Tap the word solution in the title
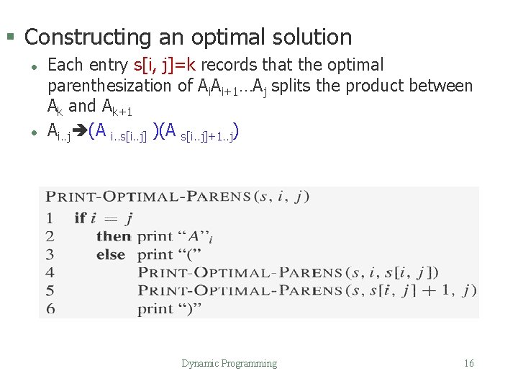311,37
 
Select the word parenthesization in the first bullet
112,86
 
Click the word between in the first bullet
440,86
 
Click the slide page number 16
469,364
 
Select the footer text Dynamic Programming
229,364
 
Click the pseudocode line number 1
50,218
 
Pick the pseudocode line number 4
50,272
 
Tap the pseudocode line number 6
50,309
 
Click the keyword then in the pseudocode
113,236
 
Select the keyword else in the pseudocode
111,254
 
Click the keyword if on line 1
80,218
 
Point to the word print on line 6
155,309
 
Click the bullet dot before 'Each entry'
33,66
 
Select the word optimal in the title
224,37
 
